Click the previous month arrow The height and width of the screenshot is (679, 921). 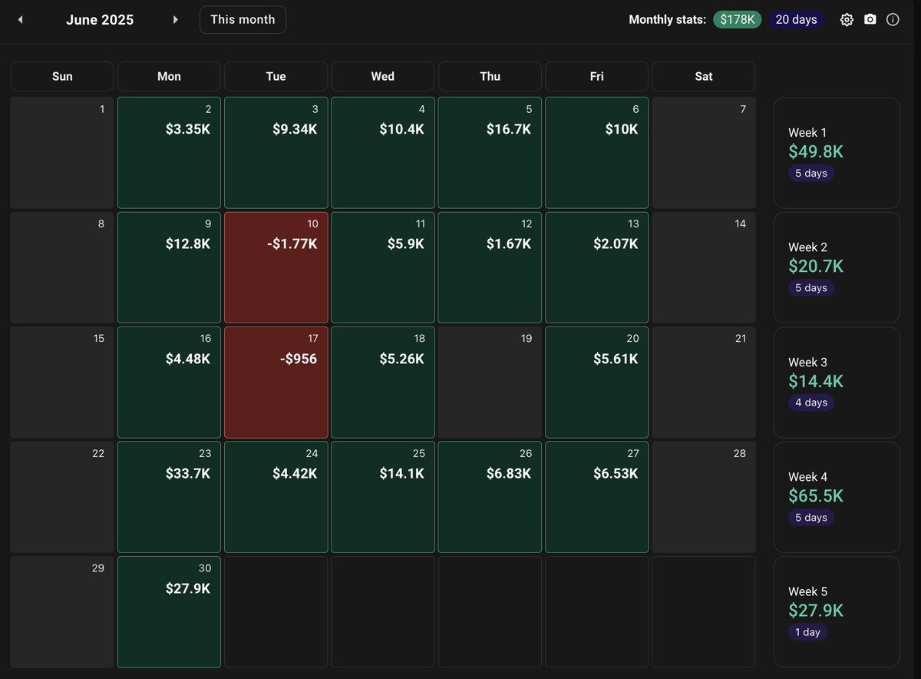tap(20, 20)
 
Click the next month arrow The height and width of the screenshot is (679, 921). tap(176, 20)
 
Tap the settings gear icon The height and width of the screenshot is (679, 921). tap(847, 20)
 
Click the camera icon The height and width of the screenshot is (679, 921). tap(870, 20)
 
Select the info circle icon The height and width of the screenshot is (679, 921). tap(893, 20)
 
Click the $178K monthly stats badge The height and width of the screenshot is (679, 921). tap(737, 20)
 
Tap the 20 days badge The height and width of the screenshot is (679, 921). tap(796, 20)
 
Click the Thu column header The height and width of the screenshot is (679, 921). tap(490, 76)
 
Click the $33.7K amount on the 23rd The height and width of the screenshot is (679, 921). tap(188, 474)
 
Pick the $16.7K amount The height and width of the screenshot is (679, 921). tap(508, 130)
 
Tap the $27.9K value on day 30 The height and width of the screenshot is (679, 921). tap(188, 588)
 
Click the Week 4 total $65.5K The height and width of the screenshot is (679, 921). tap(816, 496)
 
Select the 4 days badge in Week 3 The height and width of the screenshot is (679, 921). tap(810, 402)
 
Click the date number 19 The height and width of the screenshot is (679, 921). tap(527, 339)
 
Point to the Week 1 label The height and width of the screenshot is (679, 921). tap(807, 133)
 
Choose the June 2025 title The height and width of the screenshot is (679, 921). tap(100, 20)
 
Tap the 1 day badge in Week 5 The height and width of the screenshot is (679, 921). tap(807, 632)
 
